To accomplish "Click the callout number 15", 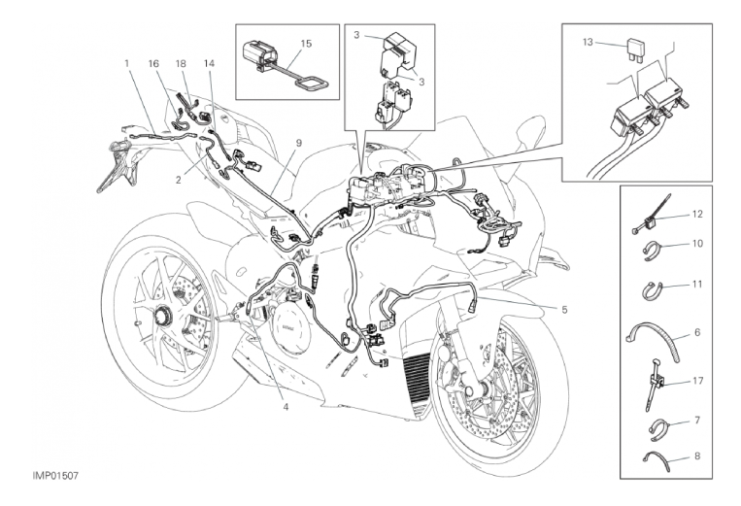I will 306,44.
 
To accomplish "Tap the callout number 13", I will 588,42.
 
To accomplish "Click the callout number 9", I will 299,144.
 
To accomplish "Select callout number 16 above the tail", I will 153,63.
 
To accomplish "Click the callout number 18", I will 181,63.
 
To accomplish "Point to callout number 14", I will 208,63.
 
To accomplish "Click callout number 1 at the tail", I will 127,63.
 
